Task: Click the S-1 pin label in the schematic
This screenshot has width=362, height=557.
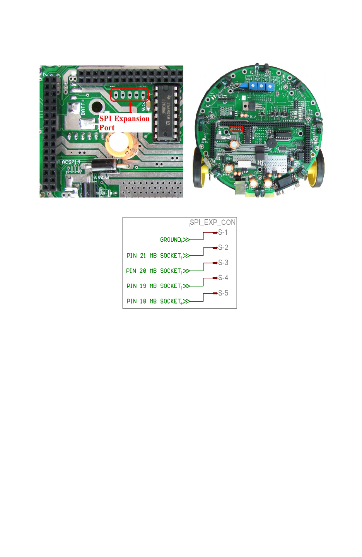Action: [x=223, y=232]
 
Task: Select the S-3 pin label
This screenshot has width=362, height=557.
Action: [x=223, y=263]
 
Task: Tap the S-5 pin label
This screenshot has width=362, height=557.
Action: [x=223, y=293]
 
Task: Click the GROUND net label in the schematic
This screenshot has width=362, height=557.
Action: [x=171, y=240]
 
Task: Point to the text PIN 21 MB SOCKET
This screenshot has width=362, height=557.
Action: [x=154, y=256]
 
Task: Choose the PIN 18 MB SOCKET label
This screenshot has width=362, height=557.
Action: [x=154, y=301]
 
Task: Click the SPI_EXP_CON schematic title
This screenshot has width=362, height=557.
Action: [x=213, y=222]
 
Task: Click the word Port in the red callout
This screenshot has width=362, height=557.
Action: [x=107, y=128]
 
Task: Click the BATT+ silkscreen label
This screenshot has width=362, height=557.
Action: [x=83, y=107]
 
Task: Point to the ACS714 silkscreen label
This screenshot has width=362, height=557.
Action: [x=71, y=162]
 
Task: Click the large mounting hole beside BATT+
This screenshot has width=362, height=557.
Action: [x=96, y=107]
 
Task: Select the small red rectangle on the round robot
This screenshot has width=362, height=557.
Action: [x=236, y=129]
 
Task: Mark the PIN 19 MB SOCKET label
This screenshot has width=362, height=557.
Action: [x=154, y=286]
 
